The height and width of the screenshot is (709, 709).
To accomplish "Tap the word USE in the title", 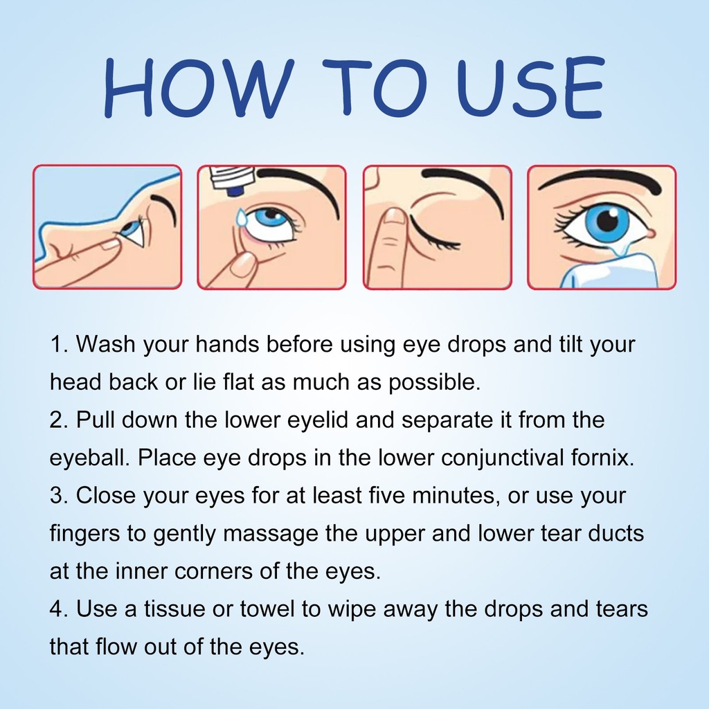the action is click(531, 87).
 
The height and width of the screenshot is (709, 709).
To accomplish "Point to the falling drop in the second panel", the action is click(242, 217).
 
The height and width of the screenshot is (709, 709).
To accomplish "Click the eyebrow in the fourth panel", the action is click(602, 181).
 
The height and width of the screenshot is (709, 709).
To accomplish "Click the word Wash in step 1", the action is click(105, 344).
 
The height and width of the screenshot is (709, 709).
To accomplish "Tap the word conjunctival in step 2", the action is click(502, 458).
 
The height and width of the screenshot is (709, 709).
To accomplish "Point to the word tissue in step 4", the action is click(174, 609).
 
